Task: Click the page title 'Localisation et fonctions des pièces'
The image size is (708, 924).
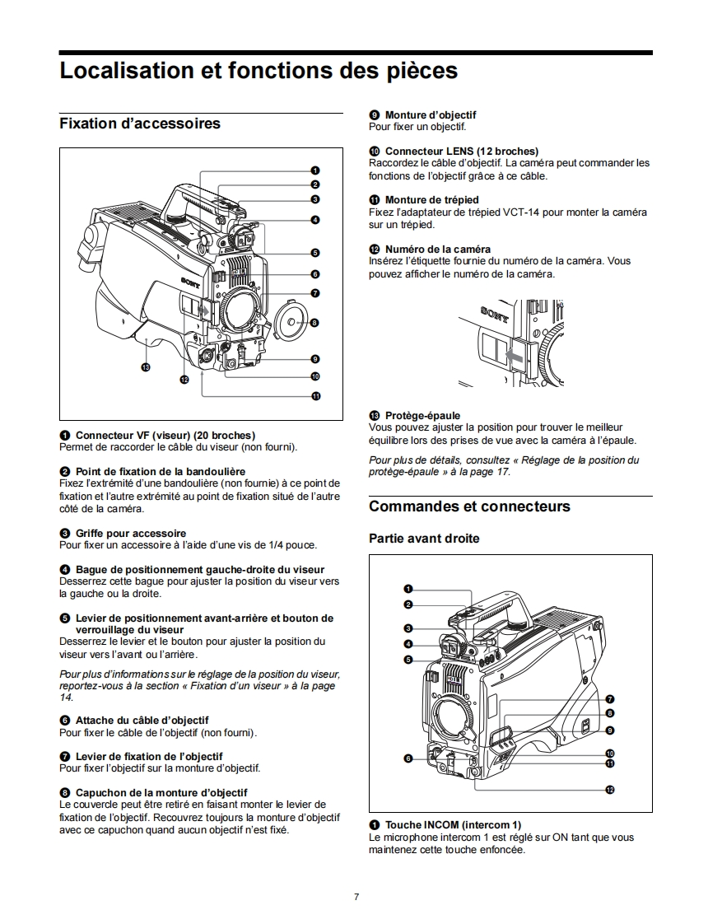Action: tap(259, 71)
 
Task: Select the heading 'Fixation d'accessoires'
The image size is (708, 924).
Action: tap(140, 124)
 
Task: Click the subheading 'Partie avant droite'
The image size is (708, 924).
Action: tap(424, 539)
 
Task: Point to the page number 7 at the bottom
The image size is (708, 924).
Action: tap(356, 897)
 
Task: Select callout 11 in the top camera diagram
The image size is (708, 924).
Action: tap(315, 396)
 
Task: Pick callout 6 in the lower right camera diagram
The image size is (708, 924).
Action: tap(408, 758)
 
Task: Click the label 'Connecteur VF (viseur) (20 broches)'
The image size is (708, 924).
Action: tap(165, 435)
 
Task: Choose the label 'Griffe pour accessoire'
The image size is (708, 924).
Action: tap(130, 533)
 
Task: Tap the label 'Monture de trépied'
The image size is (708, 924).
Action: tap(431, 200)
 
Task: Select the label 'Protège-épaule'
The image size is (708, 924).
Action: tap(422, 416)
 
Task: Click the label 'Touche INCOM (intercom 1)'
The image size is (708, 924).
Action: tap(452, 824)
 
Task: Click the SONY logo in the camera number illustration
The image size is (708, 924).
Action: tap(495, 314)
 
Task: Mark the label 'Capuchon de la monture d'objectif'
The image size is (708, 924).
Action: tap(161, 792)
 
